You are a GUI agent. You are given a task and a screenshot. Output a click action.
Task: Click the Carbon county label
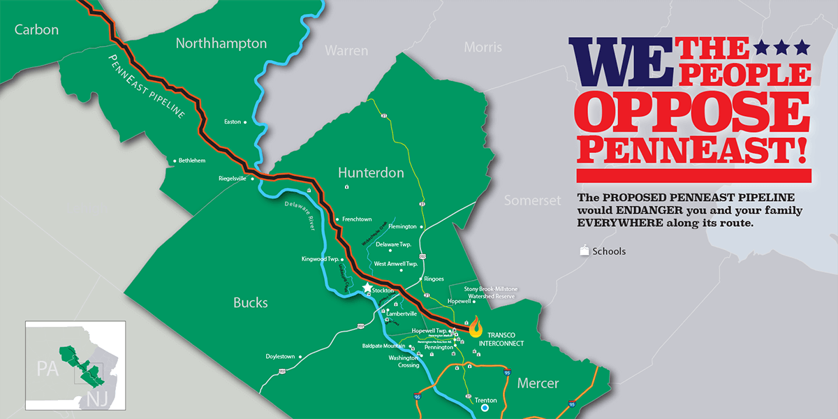36,29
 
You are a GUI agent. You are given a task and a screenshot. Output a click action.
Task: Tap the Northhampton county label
221,43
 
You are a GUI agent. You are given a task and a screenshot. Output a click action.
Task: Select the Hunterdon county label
371,172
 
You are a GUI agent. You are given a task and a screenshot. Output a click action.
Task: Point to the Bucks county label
250,302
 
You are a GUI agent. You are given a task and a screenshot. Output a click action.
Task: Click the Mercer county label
538,383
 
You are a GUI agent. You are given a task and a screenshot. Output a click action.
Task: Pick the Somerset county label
533,200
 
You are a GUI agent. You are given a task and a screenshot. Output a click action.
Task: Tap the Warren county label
346,51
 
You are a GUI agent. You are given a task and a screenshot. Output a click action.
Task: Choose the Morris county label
483,47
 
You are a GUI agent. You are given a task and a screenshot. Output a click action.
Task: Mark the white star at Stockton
367,288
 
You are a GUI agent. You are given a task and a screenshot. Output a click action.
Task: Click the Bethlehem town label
192,161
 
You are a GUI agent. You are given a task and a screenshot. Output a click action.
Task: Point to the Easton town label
232,122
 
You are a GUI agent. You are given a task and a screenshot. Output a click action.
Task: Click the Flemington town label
402,227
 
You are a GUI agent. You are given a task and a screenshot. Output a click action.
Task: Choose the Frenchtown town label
357,219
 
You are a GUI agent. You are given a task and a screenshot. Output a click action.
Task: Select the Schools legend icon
584,251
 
